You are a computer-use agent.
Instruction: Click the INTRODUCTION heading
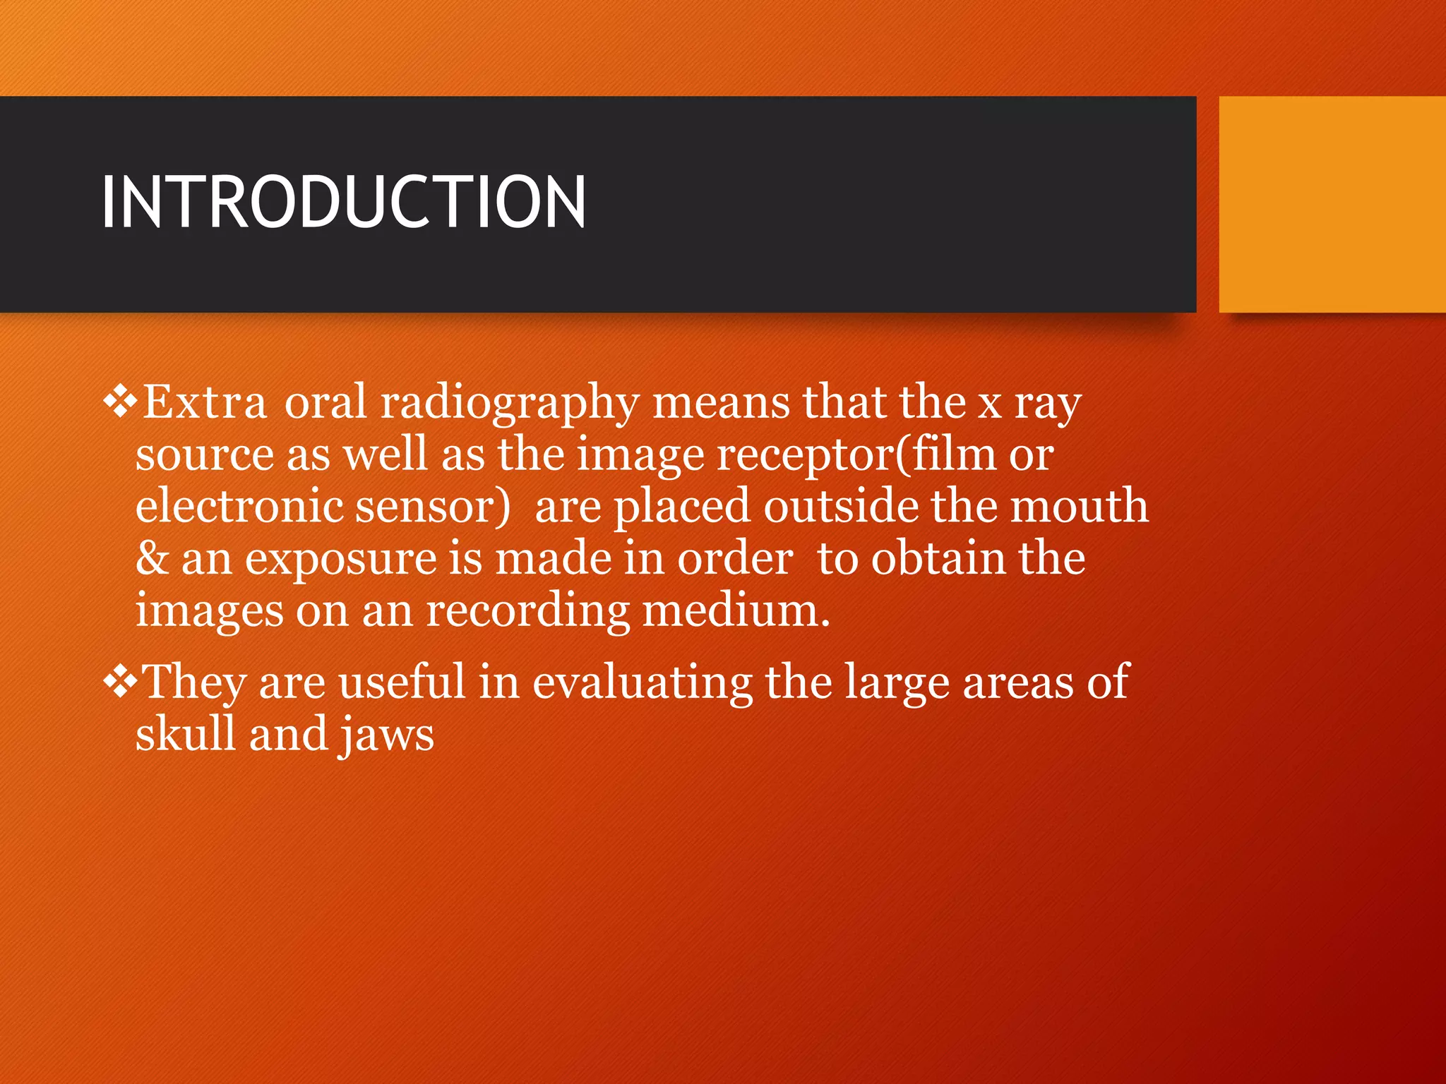(x=343, y=203)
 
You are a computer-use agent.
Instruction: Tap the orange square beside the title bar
(x=1332, y=204)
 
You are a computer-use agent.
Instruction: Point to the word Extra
(x=205, y=402)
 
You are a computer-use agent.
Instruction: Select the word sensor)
(x=432, y=507)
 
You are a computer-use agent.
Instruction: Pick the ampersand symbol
(x=152, y=558)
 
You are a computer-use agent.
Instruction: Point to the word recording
(x=527, y=611)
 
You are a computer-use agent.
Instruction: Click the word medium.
(x=736, y=610)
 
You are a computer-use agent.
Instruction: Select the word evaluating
(x=642, y=683)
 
